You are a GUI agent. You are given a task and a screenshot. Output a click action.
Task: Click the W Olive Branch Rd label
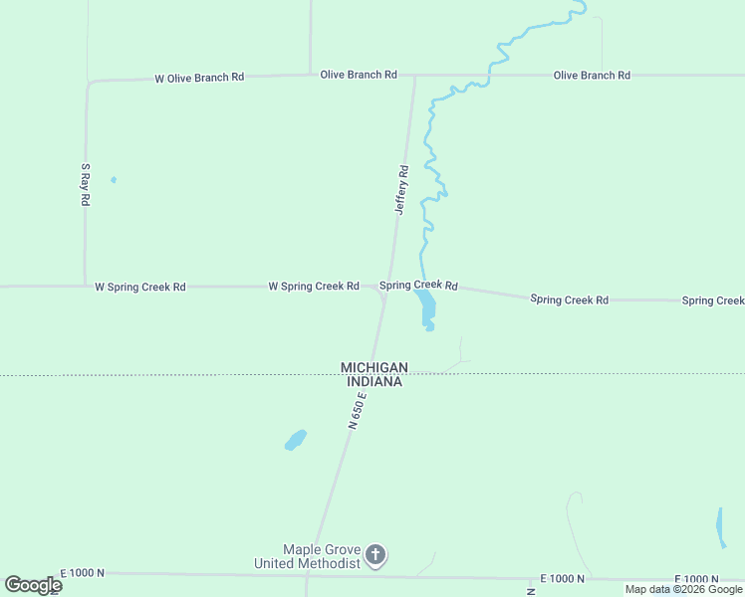(199, 78)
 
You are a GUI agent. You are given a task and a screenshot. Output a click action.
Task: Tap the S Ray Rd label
(86, 184)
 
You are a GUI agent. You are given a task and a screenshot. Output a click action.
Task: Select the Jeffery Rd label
(402, 190)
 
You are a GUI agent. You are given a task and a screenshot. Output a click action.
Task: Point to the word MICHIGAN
(374, 367)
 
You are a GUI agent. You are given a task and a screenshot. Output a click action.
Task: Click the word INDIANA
(374, 381)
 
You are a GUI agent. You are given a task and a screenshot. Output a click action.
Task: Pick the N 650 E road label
(359, 410)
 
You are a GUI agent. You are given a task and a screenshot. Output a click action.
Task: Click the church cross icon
(375, 555)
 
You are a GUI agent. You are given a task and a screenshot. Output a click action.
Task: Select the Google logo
(33, 585)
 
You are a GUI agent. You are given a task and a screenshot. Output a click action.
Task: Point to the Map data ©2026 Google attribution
(683, 590)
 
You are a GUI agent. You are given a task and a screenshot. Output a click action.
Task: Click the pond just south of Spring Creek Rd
(426, 307)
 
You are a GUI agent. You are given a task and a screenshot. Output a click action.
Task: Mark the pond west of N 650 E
(295, 439)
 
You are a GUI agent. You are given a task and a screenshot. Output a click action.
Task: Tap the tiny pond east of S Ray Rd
(114, 180)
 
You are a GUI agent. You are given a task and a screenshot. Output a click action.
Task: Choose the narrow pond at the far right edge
(720, 527)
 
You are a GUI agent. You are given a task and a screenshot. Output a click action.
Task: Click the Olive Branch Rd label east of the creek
(592, 76)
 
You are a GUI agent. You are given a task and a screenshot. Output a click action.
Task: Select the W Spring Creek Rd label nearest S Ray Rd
(139, 287)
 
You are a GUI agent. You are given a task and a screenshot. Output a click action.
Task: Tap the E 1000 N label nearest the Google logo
(82, 573)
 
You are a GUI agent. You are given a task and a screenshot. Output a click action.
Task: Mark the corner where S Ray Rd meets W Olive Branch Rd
(89, 83)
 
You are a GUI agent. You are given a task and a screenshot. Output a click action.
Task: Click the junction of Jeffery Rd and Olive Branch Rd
(414, 75)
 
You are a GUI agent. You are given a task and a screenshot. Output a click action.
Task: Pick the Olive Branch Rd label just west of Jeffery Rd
(359, 75)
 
